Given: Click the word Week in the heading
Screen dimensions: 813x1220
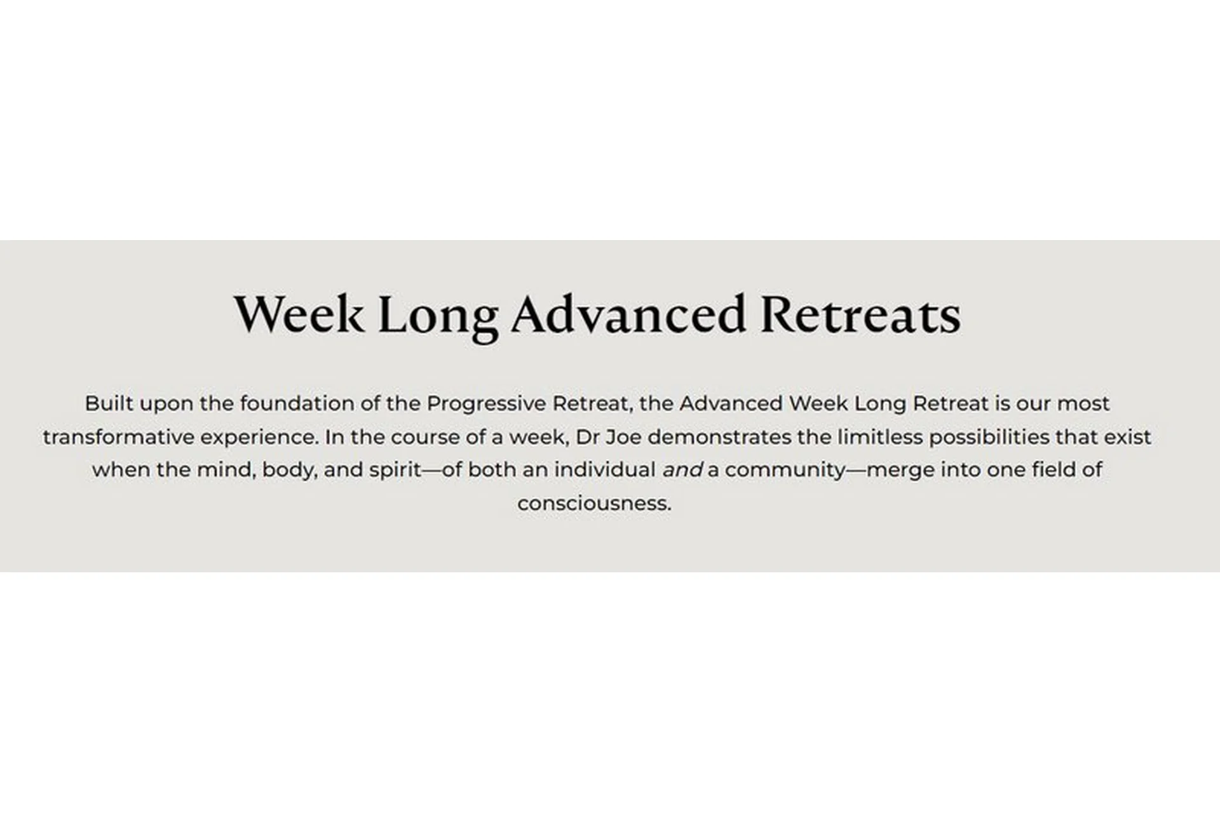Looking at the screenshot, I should pyautogui.click(x=299, y=314).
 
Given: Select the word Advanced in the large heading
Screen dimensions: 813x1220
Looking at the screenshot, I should pyautogui.click(x=628, y=314).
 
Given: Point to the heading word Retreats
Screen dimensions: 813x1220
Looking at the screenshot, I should pyautogui.click(x=860, y=314).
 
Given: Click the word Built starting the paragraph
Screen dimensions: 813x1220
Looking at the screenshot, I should pyautogui.click(x=109, y=403).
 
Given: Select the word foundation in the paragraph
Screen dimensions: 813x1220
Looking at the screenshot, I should pyautogui.click(x=296, y=403).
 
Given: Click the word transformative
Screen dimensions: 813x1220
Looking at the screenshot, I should pyautogui.click(x=118, y=437).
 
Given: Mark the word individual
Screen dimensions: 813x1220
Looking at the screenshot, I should pyautogui.click(x=605, y=470).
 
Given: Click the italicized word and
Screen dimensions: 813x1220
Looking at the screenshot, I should pyautogui.click(x=682, y=470).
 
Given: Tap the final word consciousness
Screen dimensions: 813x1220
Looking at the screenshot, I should pyautogui.click(x=593, y=504).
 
